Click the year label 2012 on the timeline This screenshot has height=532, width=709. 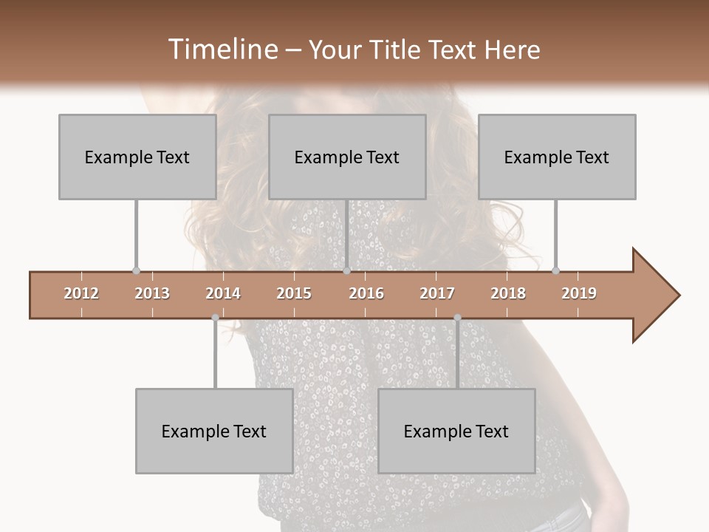click(81, 293)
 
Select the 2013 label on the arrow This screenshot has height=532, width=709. click(152, 293)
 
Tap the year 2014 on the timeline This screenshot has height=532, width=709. click(223, 293)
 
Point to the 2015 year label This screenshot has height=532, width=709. click(294, 293)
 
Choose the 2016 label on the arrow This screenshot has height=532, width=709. click(366, 293)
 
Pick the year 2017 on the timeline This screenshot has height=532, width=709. click(437, 293)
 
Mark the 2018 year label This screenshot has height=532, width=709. click(508, 293)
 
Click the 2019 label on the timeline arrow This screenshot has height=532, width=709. click(579, 293)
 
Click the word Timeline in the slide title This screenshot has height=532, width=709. click(222, 50)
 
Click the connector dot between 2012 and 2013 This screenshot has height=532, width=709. click(136, 270)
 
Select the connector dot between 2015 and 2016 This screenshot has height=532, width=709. click(346, 270)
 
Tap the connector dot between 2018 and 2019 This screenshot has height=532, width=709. click(555, 270)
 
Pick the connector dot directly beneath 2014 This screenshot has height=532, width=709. click(215, 318)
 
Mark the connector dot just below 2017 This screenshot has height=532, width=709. click(457, 318)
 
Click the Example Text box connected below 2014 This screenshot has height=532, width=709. click(214, 431)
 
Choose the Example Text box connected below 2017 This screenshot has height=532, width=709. click(456, 431)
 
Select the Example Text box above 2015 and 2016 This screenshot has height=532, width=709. click(347, 157)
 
